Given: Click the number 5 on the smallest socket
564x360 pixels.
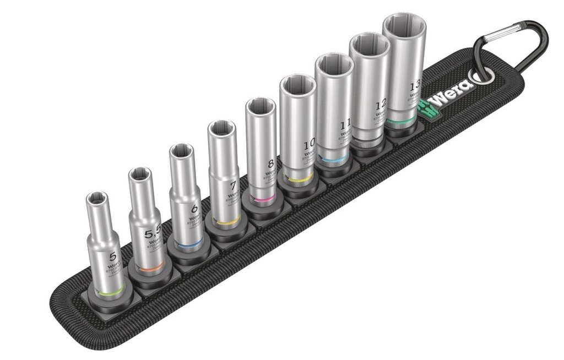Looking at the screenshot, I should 113,256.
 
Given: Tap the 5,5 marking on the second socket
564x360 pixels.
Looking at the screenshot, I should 153,234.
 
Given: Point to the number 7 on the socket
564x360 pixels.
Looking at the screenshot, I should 232,186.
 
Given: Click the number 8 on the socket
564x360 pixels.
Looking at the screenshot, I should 270,163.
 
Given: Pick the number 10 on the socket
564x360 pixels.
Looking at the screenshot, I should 310,145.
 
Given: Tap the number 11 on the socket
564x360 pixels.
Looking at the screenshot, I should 344,124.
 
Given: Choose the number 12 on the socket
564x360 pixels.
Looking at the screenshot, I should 381,105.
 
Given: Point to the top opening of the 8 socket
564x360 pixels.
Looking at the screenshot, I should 261,106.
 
